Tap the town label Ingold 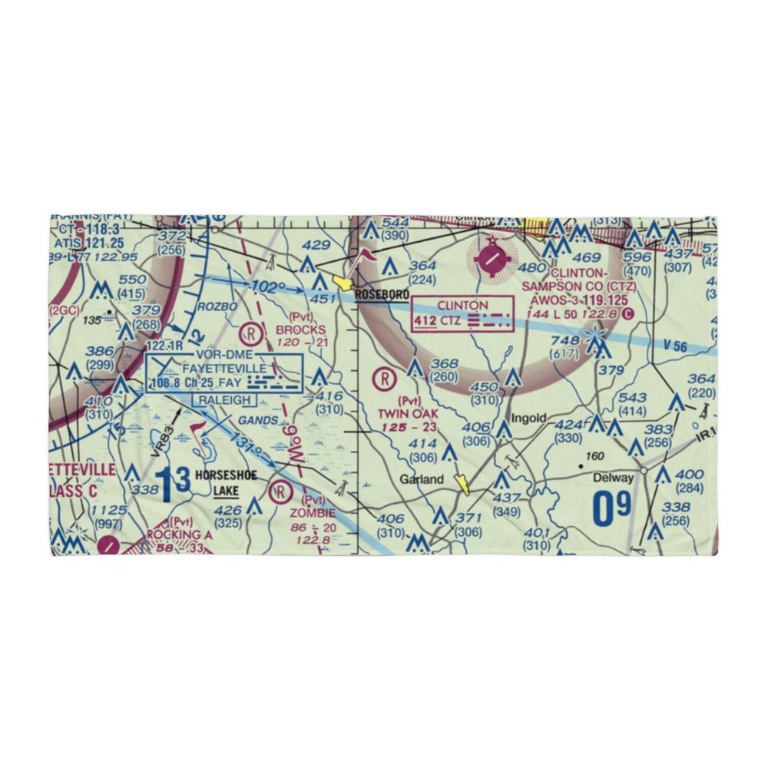(x=530, y=419)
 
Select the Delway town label (x=614, y=478)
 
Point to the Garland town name (x=421, y=479)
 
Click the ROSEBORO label (x=382, y=294)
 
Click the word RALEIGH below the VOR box (x=225, y=400)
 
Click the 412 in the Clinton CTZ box (x=425, y=320)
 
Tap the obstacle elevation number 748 (x=564, y=341)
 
